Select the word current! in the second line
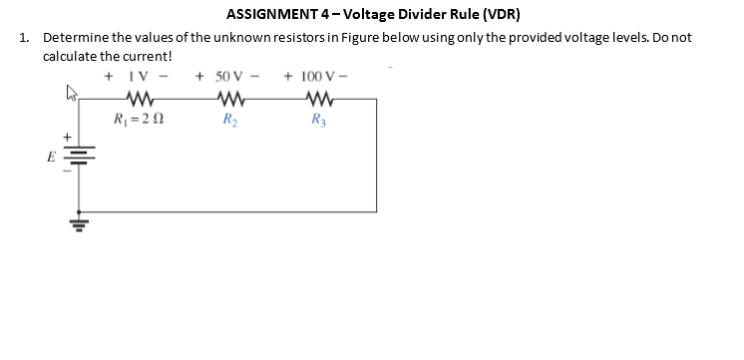click(x=147, y=54)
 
